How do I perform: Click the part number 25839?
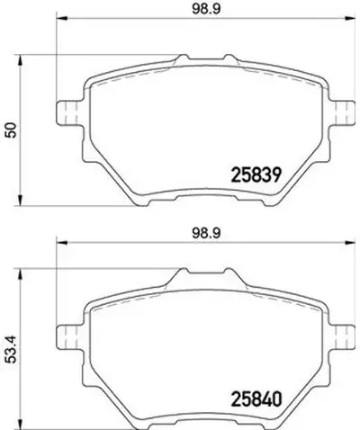[256, 175]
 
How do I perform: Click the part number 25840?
[256, 399]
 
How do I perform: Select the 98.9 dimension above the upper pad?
[206, 9]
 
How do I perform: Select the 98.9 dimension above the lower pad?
[206, 233]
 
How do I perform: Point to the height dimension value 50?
[11, 130]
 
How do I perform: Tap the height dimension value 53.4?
[11, 349]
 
